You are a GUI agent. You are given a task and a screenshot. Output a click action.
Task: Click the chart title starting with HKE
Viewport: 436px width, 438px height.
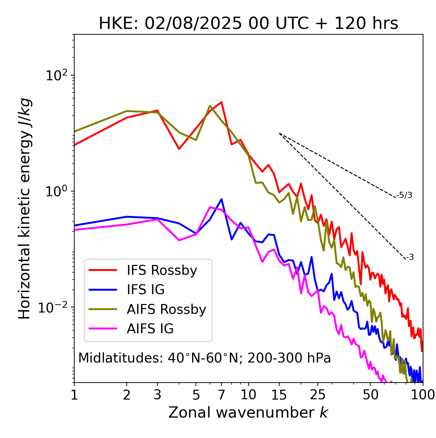click(x=248, y=24)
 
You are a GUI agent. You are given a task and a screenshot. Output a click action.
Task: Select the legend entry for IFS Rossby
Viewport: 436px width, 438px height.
click(x=162, y=270)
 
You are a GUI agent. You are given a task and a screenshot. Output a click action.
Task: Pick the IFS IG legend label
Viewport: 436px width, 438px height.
click(x=145, y=290)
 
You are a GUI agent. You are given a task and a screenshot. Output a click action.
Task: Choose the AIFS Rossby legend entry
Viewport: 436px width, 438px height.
click(x=166, y=309)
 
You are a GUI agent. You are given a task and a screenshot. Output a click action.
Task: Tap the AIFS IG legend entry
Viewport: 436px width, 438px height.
click(x=150, y=329)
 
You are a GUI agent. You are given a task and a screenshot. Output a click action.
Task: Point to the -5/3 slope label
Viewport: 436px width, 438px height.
click(x=404, y=195)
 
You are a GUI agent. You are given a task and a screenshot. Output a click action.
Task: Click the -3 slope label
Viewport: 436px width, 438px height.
click(x=410, y=257)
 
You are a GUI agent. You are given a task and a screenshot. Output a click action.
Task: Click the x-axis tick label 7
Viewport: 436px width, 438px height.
click(x=221, y=395)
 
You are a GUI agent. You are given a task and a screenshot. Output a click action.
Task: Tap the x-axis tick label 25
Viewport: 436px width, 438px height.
click(x=318, y=395)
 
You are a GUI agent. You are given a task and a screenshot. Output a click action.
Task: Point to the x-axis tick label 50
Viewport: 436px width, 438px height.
click(x=370, y=395)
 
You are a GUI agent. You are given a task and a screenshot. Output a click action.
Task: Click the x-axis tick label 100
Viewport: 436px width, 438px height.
click(x=423, y=395)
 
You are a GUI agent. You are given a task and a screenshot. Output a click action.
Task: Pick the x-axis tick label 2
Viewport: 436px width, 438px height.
click(x=127, y=395)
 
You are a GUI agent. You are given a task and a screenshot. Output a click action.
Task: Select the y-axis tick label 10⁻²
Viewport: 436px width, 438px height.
click(x=54, y=307)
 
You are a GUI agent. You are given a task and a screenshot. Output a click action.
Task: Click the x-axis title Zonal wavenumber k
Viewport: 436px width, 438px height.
click(x=248, y=412)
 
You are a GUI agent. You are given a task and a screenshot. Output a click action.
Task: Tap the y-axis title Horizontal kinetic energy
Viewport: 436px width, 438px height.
click(x=25, y=208)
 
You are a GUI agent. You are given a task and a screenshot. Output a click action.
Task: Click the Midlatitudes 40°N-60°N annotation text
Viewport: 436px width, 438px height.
click(x=204, y=358)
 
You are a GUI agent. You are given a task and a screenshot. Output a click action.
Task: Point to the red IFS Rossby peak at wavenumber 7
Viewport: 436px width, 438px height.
click(x=221, y=102)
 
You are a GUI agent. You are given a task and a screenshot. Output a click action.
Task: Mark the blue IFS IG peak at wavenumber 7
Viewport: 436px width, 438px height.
click(x=221, y=199)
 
